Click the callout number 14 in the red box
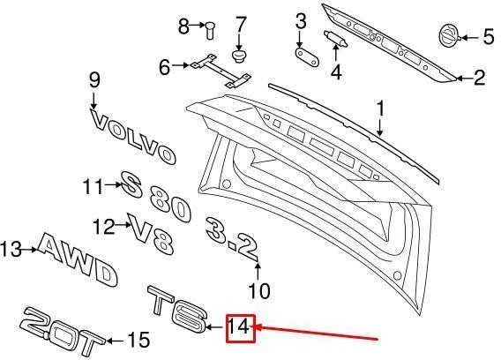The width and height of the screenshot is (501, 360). click(x=238, y=327)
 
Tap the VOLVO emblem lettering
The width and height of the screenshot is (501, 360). click(x=133, y=137)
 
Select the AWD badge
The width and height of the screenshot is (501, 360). click(x=78, y=259)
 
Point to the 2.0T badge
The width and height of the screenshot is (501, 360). click(x=61, y=331)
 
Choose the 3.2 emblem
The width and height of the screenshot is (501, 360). click(x=231, y=237)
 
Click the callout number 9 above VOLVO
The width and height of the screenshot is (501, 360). click(x=94, y=80)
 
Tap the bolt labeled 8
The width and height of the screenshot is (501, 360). click(x=210, y=30)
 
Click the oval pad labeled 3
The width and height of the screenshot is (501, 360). click(x=307, y=58)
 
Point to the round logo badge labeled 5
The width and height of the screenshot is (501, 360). click(x=449, y=37)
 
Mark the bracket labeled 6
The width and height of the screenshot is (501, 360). click(x=221, y=71)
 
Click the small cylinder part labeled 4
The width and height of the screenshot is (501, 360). click(x=336, y=39)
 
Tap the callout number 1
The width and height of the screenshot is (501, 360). click(x=380, y=109)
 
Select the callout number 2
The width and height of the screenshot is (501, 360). click(x=479, y=78)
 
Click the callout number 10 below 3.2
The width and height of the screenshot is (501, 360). click(x=259, y=291)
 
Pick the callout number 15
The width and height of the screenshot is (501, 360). click(x=138, y=340)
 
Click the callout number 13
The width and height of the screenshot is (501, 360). click(x=11, y=249)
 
